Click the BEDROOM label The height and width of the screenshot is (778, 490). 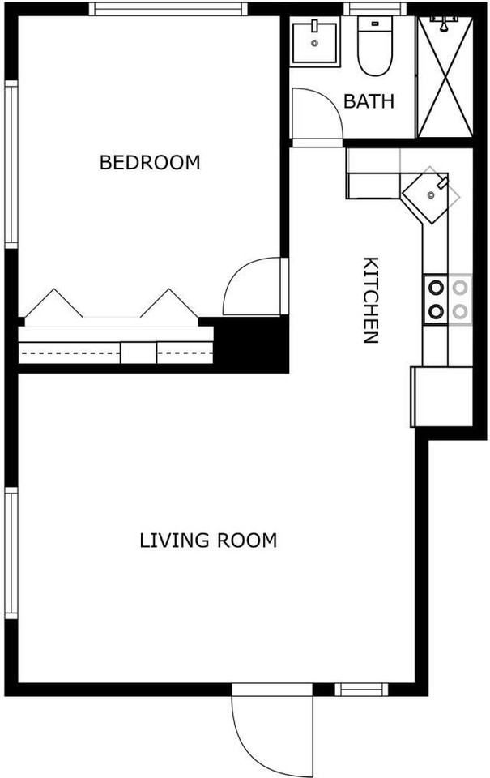click(150, 162)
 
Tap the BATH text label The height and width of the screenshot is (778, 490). click(369, 101)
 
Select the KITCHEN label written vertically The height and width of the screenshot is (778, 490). click(370, 300)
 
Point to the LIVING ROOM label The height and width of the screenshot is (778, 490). click(208, 540)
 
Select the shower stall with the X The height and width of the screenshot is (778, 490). click(444, 77)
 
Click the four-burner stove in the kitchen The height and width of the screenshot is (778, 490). click(447, 298)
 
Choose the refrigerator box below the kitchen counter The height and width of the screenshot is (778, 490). click(442, 396)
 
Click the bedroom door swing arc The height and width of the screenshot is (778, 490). click(253, 288)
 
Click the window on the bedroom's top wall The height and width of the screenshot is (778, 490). click(168, 9)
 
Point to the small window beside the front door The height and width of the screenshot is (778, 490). click(361, 690)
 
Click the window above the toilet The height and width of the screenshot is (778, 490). click(375, 9)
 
